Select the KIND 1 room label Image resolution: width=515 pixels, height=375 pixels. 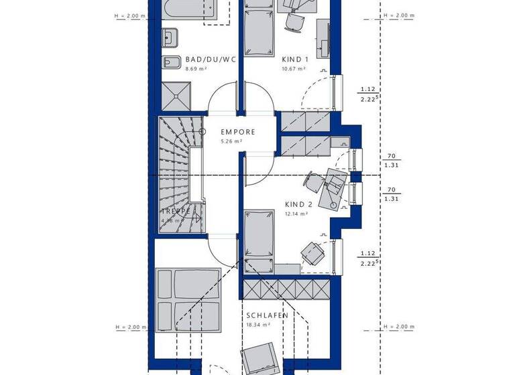[294, 60]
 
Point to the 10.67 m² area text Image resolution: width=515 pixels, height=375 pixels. [294, 69]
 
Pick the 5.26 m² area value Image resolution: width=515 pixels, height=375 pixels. [231, 142]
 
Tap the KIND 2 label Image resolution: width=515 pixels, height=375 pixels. [298, 204]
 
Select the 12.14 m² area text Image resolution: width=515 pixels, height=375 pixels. [296, 214]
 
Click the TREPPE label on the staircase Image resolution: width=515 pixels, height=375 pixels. [176, 212]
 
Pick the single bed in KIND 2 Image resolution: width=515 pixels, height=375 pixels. [260, 238]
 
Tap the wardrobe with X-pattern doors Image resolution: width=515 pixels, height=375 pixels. [286, 290]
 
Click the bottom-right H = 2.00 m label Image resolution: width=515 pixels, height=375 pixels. [399, 327]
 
